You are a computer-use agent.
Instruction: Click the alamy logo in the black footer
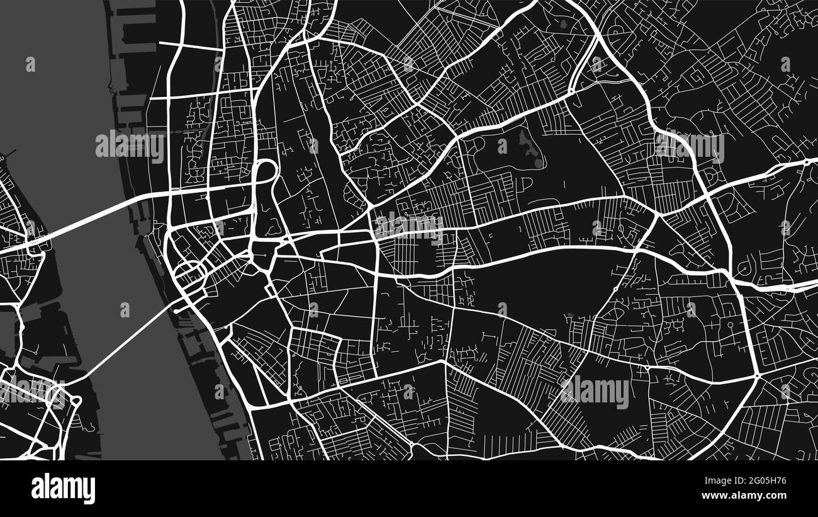pyautogui.click(x=64, y=489)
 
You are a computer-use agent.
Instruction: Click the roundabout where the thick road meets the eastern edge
pyautogui.click(x=807, y=162)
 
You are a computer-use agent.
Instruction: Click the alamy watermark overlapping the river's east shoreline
pyautogui.click(x=130, y=147)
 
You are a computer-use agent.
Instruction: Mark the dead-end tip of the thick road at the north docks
pyautogui.click(x=160, y=43)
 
